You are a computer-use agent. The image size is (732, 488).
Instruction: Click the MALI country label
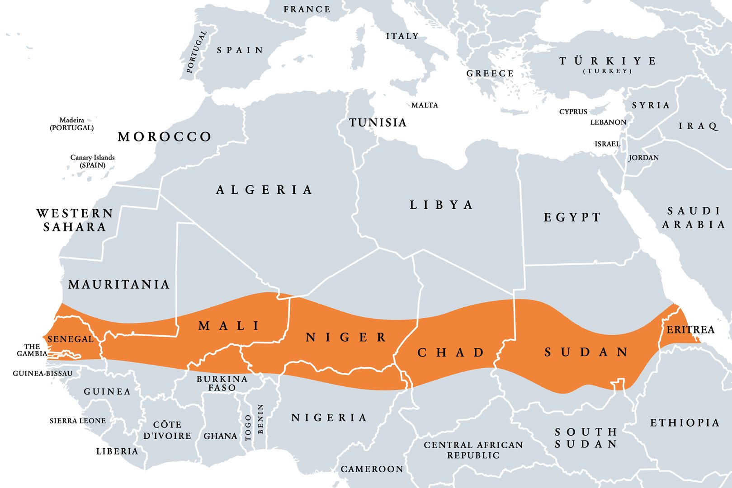click(x=229, y=326)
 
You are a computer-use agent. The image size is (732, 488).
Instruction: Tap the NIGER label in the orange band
click(x=346, y=338)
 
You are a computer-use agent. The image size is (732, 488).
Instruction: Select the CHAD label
click(x=451, y=352)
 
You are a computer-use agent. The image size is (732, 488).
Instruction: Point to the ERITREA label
click(x=690, y=330)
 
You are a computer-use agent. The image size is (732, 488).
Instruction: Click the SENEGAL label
click(x=70, y=339)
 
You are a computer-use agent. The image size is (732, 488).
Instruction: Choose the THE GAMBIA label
click(x=32, y=350)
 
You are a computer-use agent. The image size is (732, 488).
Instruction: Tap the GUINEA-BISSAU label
click(x=43, y=374)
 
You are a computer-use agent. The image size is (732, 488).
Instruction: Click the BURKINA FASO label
click(x=222, y=383)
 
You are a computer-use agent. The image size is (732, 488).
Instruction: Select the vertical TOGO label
click(x=248, y=428)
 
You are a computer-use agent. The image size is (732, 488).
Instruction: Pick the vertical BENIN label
click(x=260, y=419)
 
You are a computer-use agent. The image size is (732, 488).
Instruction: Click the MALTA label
click(x=425, y=105)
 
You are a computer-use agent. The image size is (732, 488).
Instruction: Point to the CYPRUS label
click(x=573, y=112)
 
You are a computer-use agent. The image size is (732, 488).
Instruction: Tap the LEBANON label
click(x=608, y=122)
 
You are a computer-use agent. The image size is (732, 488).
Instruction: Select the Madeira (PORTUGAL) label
click(x=72, y=124)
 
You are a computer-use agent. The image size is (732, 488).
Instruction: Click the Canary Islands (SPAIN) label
click(x=92, y=161)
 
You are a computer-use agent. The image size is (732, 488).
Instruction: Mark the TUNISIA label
click(x=378, y=123)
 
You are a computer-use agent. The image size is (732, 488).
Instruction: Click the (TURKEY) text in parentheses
click(x=607, y=71)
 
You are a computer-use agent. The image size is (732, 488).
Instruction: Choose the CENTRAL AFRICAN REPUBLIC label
click(x=473, y=450)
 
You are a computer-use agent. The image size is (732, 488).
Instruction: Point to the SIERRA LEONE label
click(x=77, y=421)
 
